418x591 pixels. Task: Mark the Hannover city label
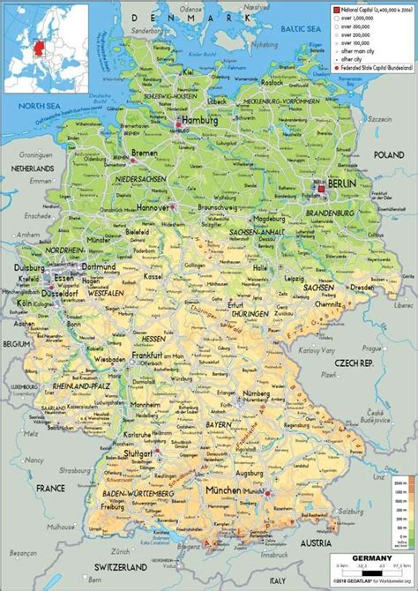(x=153, y=206)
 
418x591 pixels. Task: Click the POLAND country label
(x=388, y=154)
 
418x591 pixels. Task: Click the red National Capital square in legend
(x=335, y=8)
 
